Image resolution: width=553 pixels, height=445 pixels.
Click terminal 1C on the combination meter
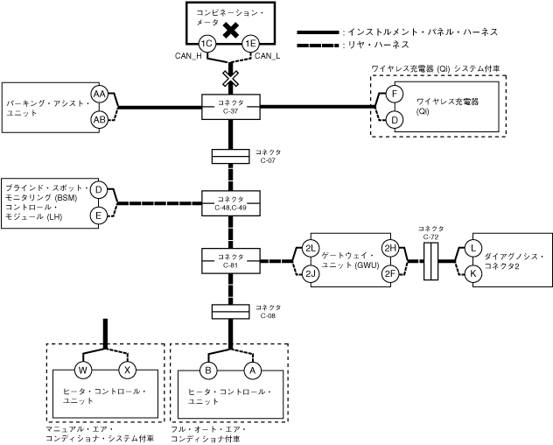point(207,44)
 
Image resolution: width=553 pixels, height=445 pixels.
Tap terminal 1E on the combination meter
point(251,44)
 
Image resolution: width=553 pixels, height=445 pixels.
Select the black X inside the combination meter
point(230,31)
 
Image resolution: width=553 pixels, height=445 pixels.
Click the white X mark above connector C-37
point(230,79)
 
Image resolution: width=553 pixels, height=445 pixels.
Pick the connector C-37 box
point(230,108)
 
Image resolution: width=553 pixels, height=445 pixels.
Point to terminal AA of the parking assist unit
point(100,95)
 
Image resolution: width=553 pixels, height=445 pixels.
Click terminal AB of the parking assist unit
point(100,118)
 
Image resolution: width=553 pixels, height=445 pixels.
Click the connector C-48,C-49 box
point(230,204)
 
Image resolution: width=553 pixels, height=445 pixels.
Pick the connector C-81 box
point(230,261)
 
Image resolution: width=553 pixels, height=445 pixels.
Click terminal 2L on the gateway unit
point(311,249)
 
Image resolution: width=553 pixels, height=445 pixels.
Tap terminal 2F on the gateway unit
point(390,273)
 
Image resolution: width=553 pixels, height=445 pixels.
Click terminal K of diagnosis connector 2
point(473,273)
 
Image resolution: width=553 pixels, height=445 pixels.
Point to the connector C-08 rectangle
point(230,312)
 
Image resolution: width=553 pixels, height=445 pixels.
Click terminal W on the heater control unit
point(85,370)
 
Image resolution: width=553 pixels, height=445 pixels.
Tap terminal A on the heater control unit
point(253,370)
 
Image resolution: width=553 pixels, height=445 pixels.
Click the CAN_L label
point(266,57)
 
